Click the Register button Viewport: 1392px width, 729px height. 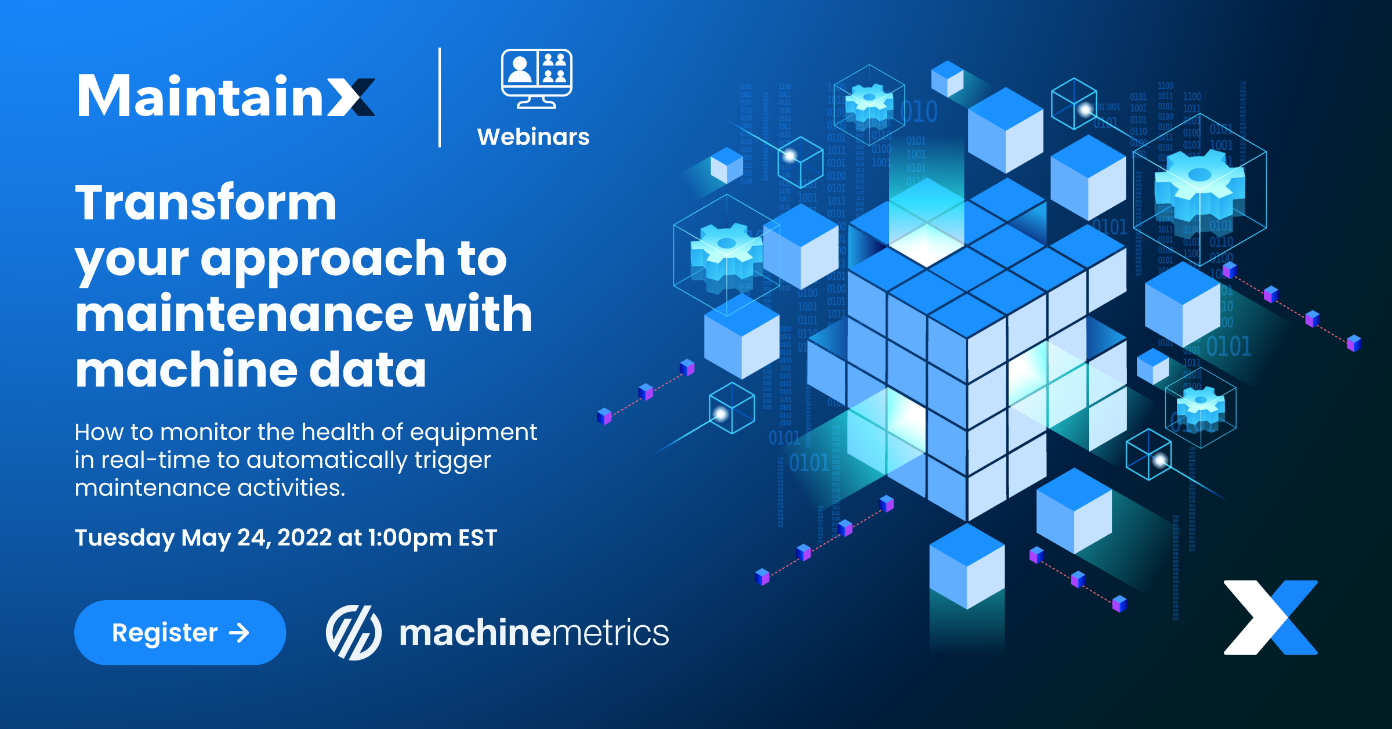[x=180, y=632]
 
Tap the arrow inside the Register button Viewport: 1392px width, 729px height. [x=239, y=633]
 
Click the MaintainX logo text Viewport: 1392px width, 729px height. [x=226, y=96]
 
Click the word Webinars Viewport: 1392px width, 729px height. [x=533, y=137]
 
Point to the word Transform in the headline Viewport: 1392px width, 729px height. [x=206, y=203]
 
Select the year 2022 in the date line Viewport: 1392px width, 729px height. [x=304, y=537]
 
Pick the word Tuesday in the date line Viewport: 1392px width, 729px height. [x=124, y=538]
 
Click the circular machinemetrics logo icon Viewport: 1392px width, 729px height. [x=353, y=633]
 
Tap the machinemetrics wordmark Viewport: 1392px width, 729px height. [x=534, y=633]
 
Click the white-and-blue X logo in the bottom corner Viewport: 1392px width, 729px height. [x=1270, y=618]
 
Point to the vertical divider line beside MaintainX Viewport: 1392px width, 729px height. [x=440, y=98]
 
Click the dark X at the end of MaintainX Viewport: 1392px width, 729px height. [x=351, y=97]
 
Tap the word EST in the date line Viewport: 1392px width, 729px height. [x=477, y=538]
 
